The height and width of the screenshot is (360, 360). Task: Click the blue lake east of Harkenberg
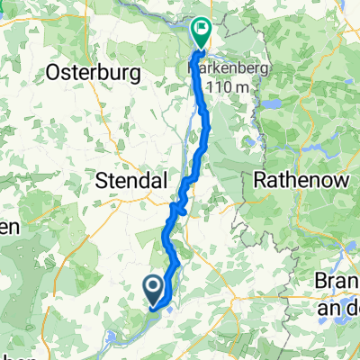pos(268,103)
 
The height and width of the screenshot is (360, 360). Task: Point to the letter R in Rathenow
pos(261,180)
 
